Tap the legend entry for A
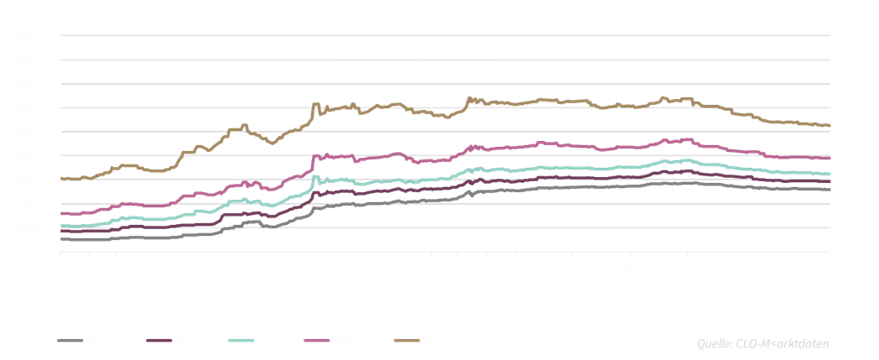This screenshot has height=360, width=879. [x=257, y=341]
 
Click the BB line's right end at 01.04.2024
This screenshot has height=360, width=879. [x=830, y=126]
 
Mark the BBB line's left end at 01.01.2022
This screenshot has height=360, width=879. [x=60, y=213]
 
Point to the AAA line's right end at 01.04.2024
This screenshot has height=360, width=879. [x=830, y=190]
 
